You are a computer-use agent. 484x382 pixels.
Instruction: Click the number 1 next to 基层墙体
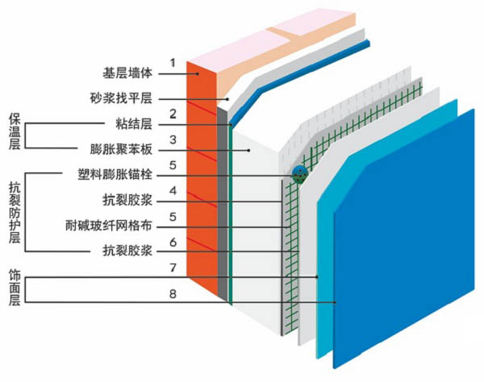(x=172, y=62)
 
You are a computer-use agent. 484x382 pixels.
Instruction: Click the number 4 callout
(x=172, y=191)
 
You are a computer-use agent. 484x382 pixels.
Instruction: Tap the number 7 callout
(x=172, y=267)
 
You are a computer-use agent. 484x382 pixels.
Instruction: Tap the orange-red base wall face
(x=202, y=177)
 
